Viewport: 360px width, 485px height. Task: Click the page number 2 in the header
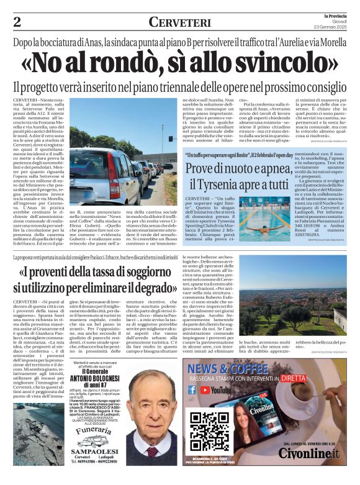point(17,22)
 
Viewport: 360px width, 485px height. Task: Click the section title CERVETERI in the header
point(180,22)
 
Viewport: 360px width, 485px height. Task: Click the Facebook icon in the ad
point(192,390)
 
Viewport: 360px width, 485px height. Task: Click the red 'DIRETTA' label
point(293,377)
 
